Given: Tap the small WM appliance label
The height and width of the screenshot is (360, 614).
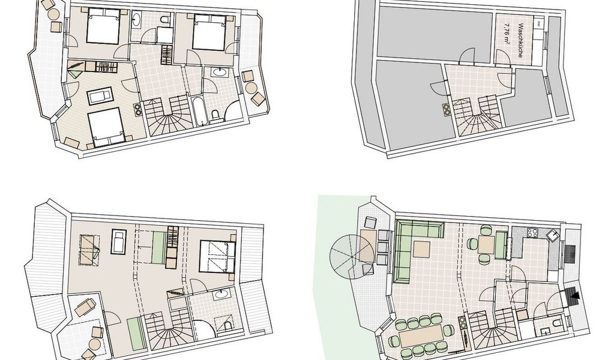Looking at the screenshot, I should [540, 23].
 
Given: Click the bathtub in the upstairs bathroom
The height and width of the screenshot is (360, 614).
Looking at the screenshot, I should [197, 110].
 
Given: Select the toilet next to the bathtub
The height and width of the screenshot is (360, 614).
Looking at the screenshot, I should [217, 115].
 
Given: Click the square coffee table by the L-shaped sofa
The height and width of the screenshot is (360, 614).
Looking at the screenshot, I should [421, 248].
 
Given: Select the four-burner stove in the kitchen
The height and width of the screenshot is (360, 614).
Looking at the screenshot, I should [533, 233].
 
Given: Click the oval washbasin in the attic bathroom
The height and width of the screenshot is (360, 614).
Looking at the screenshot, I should [221, 295].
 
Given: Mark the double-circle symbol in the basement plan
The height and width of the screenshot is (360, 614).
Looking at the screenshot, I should [446, 109].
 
